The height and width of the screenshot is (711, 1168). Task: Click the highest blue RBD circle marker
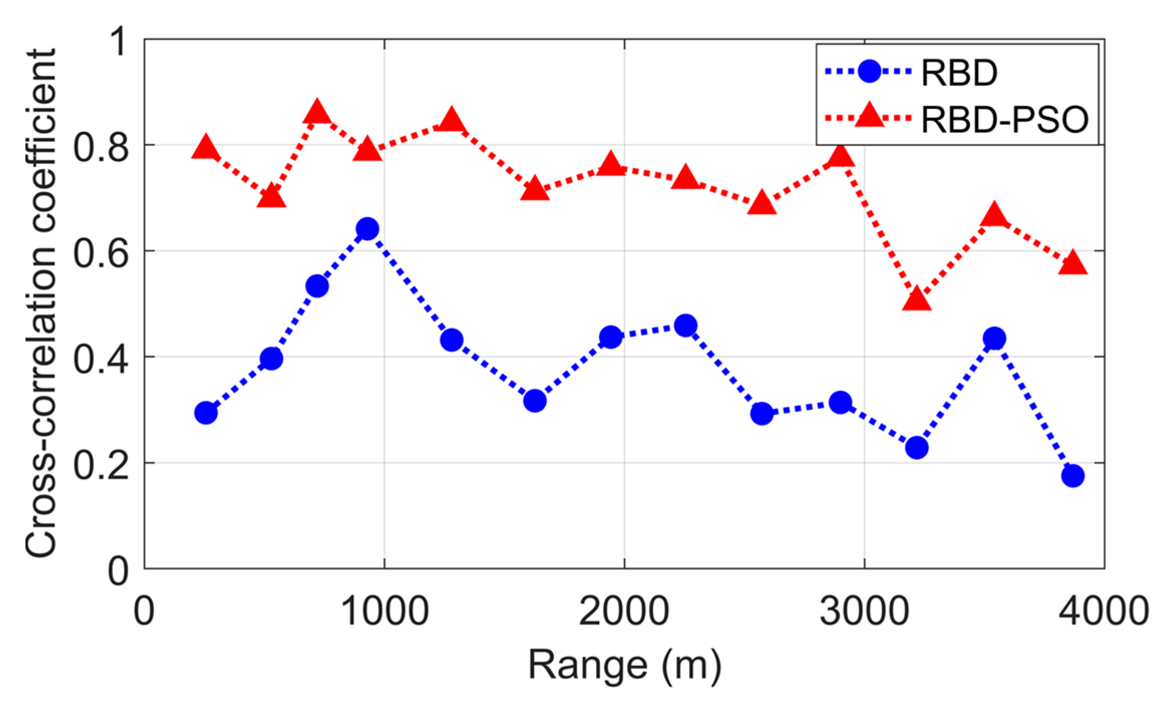(367, 229)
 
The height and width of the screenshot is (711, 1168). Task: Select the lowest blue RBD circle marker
(1073, 476)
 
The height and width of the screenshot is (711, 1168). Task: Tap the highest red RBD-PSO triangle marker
(317, 112)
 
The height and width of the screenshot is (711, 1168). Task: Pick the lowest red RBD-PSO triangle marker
(917, 299)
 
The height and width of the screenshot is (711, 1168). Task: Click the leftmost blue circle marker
(206, 413)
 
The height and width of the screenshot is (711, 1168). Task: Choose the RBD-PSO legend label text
(1005, 120)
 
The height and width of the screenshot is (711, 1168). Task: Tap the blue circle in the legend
(869, 72)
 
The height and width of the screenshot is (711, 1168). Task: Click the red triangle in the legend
(869, 116)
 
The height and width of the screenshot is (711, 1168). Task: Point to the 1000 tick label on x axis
(384, 611)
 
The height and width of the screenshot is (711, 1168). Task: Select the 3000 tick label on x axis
(864, 611)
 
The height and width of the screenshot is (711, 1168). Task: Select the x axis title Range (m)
(625, 666)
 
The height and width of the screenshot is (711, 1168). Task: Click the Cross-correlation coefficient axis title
(41, 303)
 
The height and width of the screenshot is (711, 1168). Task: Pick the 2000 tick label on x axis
(624, 611)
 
